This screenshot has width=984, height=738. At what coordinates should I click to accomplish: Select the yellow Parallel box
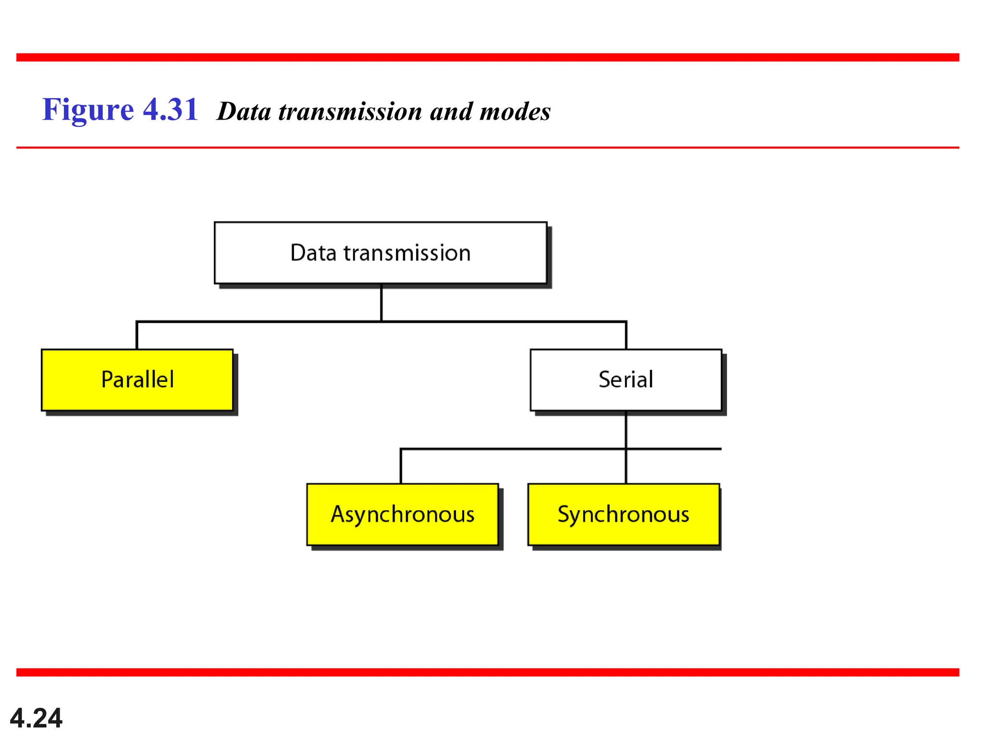coord(137,380)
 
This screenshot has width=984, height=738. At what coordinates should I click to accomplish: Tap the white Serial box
coord(626,380)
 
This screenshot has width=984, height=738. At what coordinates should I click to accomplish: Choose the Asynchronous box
coord(402,514)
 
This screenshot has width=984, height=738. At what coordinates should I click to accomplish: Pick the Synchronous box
coord(623,514)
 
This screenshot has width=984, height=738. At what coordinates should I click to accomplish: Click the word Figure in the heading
coord(88,110)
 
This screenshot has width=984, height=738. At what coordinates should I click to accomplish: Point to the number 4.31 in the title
coord(171,110)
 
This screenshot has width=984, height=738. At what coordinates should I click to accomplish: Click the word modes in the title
coord(515,111)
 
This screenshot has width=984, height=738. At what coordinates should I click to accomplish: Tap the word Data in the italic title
coord(244,111)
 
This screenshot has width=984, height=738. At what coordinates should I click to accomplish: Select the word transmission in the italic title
coord(350,111)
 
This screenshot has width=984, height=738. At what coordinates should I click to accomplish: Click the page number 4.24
coord(36,718)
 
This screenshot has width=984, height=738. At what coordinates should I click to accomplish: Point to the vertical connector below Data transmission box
coord(381,303)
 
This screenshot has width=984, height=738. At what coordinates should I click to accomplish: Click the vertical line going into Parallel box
coord(137,335)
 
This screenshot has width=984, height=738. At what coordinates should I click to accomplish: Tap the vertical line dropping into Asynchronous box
coord(401,466)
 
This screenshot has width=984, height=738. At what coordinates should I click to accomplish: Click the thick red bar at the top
coord(488,58)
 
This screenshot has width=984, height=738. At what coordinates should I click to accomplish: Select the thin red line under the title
coord(488,148)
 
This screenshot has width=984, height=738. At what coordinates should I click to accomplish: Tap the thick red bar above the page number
coord(488,672)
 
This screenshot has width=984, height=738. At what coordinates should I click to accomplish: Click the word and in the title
coord(451,111)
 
